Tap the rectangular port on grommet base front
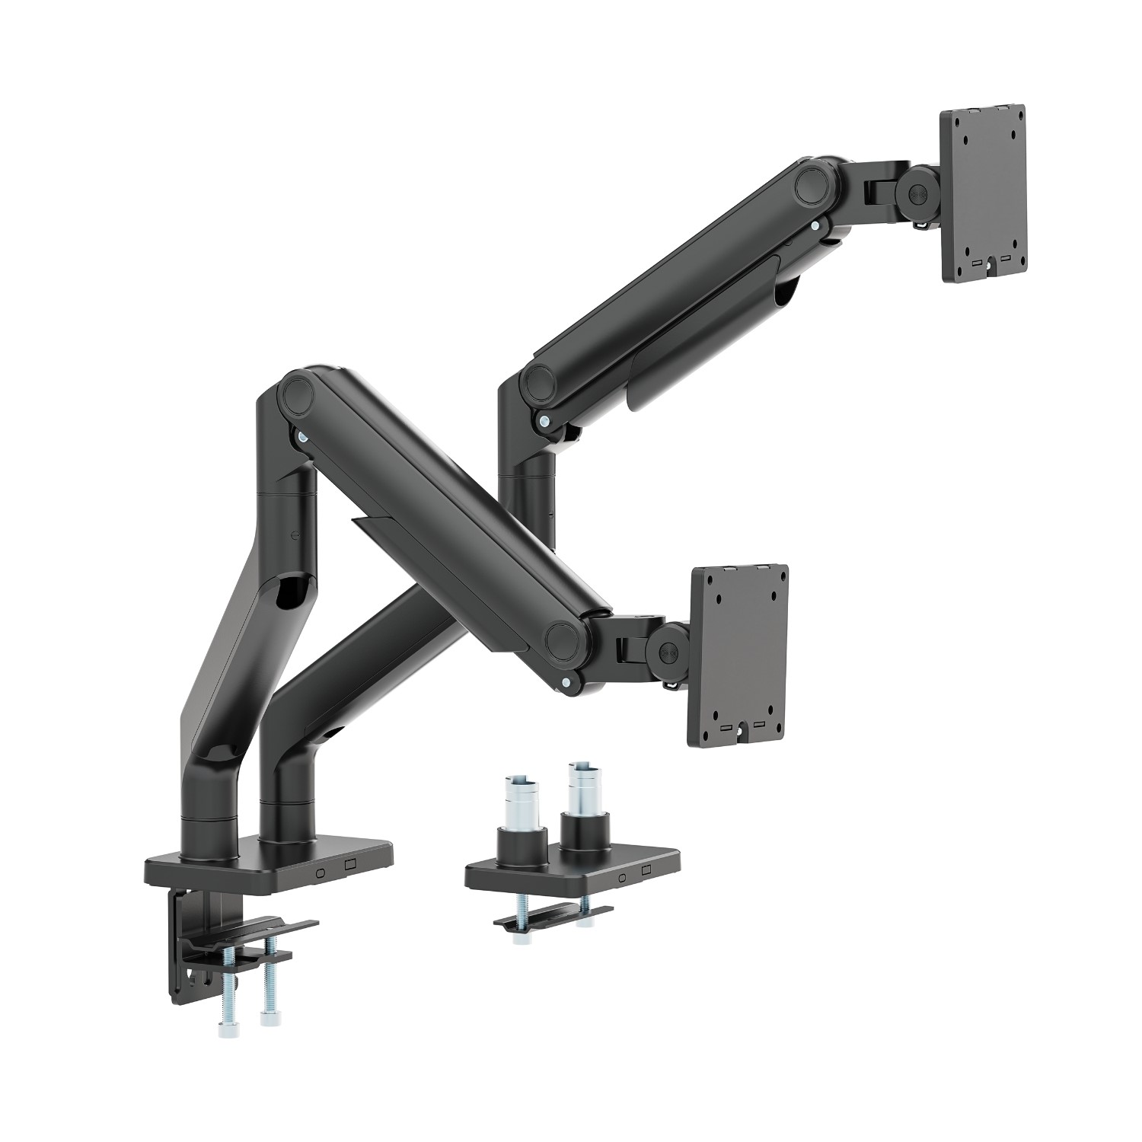tap(645, 870)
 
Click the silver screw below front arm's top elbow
tap(304, 437)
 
